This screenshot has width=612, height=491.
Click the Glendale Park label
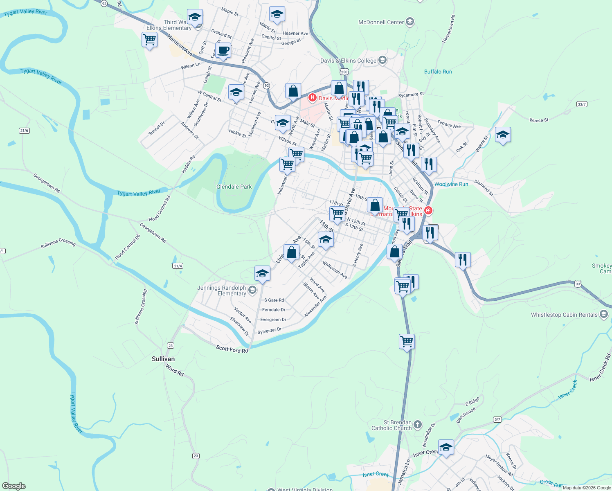234,187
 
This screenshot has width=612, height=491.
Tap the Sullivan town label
163,359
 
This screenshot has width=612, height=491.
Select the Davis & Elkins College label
348,61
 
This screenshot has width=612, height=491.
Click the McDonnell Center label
381,22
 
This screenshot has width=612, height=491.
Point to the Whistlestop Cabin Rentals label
564,315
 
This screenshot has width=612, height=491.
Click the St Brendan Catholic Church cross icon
417,424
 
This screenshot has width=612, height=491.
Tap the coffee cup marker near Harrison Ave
223,51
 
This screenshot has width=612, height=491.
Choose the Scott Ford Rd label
232,349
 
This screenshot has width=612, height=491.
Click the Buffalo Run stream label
438,72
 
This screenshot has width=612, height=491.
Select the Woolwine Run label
451,184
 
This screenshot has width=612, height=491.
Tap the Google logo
14,486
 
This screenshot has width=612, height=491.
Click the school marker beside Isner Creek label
446,447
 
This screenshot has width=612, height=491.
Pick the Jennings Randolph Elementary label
222,291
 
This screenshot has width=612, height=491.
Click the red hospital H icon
313,97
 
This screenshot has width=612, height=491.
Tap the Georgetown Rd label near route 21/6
46,183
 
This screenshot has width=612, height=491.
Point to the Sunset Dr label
157,128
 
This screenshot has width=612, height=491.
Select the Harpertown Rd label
449,29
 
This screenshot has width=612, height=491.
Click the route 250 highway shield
344,72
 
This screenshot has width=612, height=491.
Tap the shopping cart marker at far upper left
149,40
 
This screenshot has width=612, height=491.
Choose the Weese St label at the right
539,120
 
